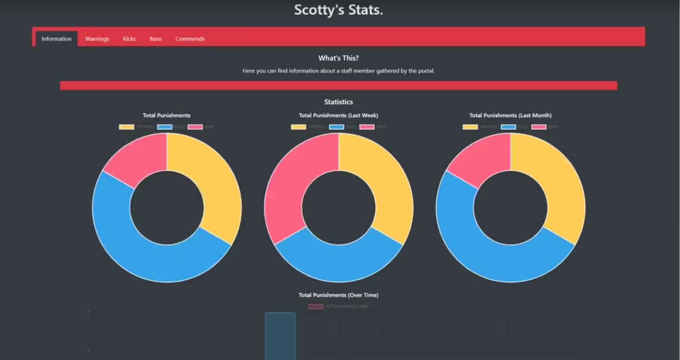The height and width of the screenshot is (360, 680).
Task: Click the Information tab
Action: click(x=56, y=39)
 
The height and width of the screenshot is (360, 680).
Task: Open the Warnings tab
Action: click(x=97, y=39)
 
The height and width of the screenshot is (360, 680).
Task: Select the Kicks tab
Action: click(x=129, y=39)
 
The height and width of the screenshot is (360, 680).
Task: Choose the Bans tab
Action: click(x=155, y=39)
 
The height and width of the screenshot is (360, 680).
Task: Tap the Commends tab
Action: click(x=190, y=39)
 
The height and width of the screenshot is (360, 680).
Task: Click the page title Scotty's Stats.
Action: click(x=338, y=10)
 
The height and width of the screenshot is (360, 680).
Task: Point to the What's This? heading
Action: click(x=338, y=58)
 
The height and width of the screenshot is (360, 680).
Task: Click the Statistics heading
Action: click(x=338, y=102)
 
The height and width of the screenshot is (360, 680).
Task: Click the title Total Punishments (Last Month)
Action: click(x=510, y=115)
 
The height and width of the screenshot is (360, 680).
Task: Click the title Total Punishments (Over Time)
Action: click(x=338, y=295)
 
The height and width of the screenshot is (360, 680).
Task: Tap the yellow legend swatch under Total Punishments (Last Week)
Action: click(x=298, y=127)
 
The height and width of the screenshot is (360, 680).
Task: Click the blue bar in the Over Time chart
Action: click(x=280, y=336)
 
